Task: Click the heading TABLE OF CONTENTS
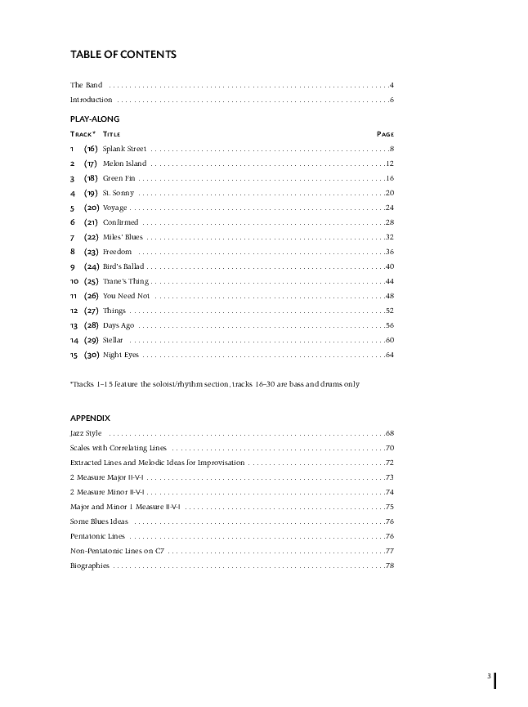(x=123, y=55)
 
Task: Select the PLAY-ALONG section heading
(x=95, y=119)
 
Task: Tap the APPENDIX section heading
(x=90, y=418)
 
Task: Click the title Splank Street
(x=124, y=149)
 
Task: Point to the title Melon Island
(x=125, y=163)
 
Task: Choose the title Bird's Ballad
(x=123, y=266)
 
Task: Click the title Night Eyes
(x=121, y=355)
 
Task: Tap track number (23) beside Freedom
(x=92, y=252)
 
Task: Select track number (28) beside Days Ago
(x=92, y=325)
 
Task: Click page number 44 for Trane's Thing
(x=390, y=281)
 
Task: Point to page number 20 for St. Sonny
(x=390, y=193)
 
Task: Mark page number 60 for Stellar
(x=390, y=340)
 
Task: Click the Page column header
(x=386, y=134)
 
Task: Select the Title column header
(x=112, y=134)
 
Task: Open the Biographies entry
(x=90, y=566)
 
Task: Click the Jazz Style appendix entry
(x=86, y=433)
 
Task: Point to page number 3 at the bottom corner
(x=489, y=676)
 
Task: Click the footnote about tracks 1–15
(x=214, y=384)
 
